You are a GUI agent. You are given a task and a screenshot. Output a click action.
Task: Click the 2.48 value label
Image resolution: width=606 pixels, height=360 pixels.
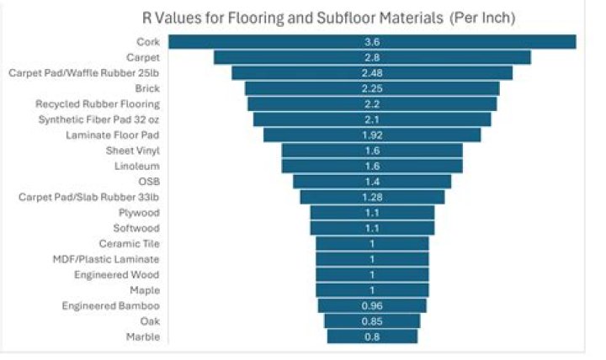coord(372,73)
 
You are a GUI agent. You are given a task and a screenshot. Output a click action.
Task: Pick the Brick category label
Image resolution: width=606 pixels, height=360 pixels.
coord(147,88)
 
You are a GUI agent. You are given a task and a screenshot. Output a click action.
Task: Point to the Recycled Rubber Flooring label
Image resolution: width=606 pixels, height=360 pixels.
coord(98,104)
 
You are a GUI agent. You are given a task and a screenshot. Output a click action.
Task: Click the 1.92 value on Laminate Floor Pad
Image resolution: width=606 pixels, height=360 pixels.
coord(372,135)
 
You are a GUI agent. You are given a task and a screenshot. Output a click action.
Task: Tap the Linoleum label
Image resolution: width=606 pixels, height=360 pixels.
coord(137,166)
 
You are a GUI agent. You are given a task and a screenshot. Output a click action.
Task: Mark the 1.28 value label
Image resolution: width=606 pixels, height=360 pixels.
coord(372,197)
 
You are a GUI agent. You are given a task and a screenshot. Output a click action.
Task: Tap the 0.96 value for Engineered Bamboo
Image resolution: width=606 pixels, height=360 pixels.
coord(372,305)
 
